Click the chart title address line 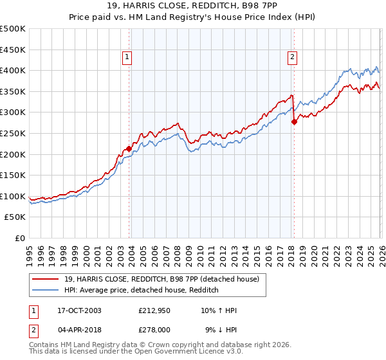[193, 6]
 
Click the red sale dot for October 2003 [129, 148]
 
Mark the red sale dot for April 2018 [294, 121]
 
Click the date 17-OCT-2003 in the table [79, 310]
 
